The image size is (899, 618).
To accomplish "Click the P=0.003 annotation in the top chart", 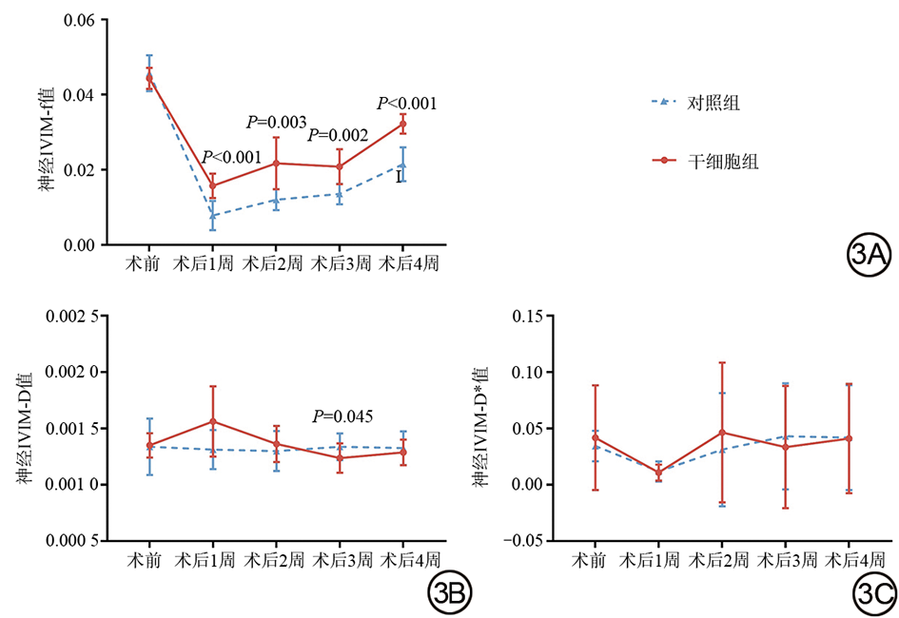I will point(276,122).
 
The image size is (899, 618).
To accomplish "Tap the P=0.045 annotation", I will point(342,416).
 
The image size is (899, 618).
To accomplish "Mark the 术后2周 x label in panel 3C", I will point(720,559).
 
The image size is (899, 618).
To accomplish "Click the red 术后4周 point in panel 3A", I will point(402,124).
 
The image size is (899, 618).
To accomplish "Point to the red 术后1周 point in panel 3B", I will point(212,421).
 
